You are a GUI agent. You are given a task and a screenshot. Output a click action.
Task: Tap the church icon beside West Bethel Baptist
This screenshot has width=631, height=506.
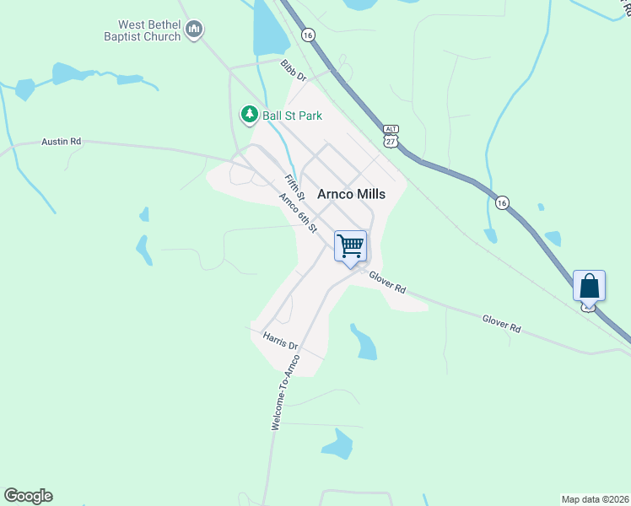pyautogui.click(x=195, y=31)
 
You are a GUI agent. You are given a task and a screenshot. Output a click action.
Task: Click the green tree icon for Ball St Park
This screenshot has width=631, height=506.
pyautogui.click(x=249, y=113)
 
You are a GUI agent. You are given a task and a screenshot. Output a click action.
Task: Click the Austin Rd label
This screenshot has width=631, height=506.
pyautogui.click(x=61, y=143)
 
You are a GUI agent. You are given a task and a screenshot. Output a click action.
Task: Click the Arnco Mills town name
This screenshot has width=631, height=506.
pyautogui.click(x=351, y=194)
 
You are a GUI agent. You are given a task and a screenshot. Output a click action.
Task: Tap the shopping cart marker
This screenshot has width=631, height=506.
pyautogui.click(x=350, y=246)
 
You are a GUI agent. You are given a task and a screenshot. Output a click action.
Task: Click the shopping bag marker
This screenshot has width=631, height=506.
pyautogui.click(x=589, y=286)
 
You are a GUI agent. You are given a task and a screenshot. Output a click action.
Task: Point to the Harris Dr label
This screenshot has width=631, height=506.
pyautogui.click(x=281, y=341)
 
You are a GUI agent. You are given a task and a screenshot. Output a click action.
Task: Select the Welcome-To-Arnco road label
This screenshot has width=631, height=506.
pyautogui.click(x=285, y=395)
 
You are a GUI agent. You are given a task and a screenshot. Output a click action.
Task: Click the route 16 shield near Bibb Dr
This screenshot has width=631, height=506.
pyautogui.click(x=308, y=35)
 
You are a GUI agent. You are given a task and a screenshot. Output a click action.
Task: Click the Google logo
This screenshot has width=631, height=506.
pyautogui.click(x=28, y=496)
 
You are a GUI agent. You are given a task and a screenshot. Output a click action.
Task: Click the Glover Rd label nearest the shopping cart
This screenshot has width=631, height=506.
pyautogui.click(x=386, y=284)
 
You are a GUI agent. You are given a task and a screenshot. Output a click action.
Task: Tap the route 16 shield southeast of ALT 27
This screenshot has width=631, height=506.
pyautogui.click(x=502, y=202)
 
